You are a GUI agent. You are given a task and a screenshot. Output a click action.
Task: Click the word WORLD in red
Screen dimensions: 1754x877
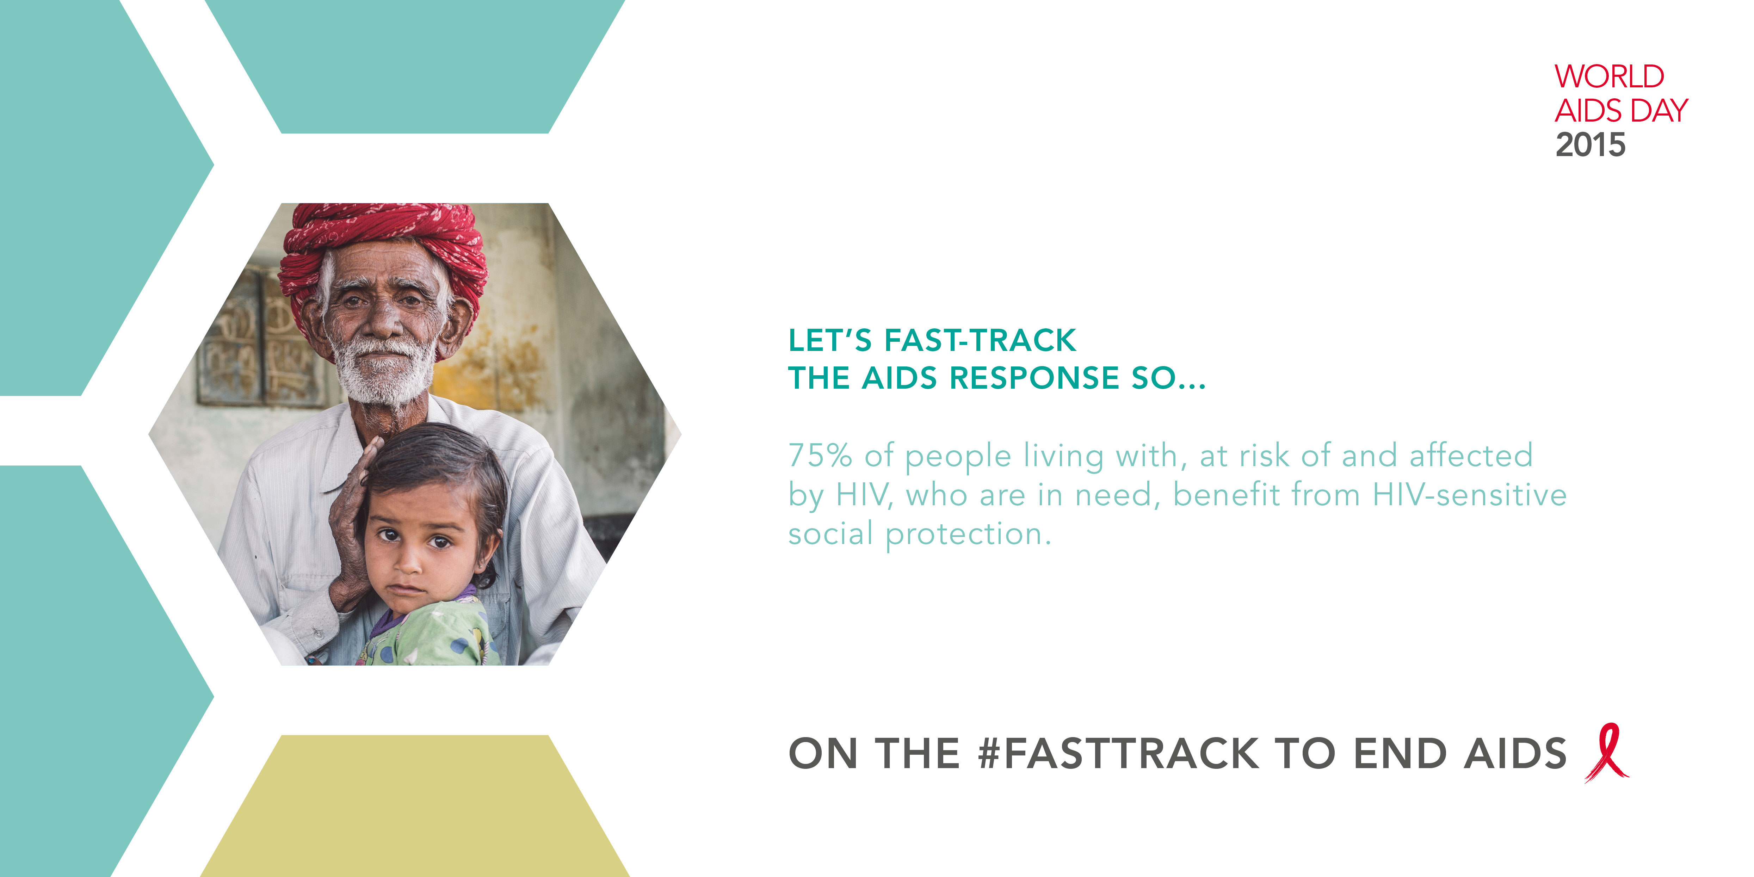[1609, 76]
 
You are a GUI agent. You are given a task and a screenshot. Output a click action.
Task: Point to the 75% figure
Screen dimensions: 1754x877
[820, 456]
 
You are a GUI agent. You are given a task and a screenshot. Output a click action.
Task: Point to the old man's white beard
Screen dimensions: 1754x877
[385, 371]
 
